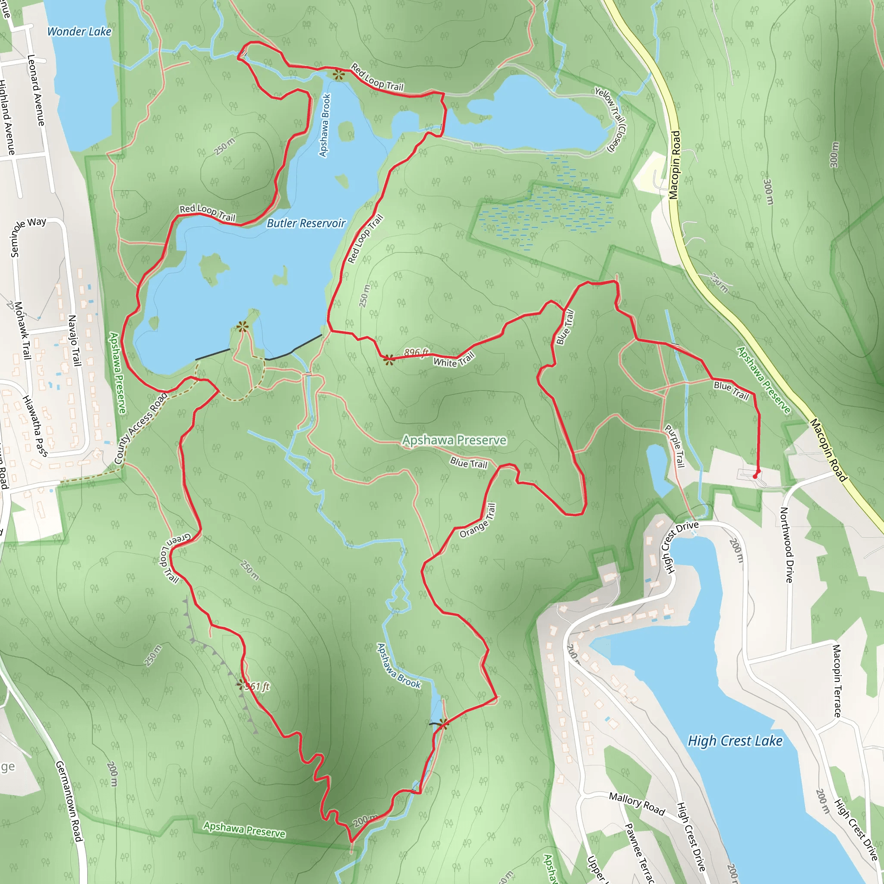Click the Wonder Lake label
click(79, 32)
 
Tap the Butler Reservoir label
click(306, 223)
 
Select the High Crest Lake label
click(735, 741)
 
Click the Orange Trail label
click(478, 521)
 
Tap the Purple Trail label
click(675, 446)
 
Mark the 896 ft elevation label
click(417, 352)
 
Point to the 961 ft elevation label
click(257, 686)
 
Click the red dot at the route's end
click(755, 477)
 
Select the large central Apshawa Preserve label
click(455, 440)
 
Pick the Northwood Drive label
click(786, 544)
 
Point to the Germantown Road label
click(69, 801)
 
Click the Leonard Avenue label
click(36, 90)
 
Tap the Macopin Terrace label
click(837, 680)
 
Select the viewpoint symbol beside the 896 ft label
click(389, 360)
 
